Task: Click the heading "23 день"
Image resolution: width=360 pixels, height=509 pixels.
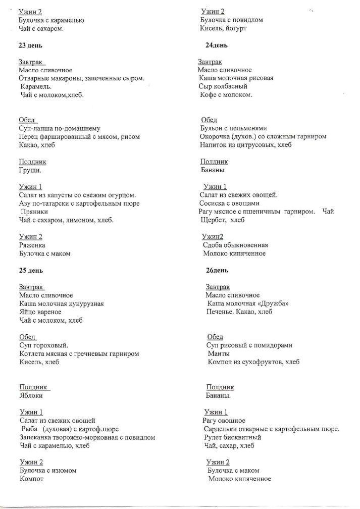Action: click(x=30, y=45)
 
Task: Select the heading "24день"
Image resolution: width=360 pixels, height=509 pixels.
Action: click(x=217, y=45)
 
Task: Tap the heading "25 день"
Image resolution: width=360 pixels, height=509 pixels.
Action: click(x=31, y=270)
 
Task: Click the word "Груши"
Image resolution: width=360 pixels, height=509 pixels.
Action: click(x=30, y=171)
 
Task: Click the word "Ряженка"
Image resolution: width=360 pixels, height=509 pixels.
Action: click(x=32, y=245)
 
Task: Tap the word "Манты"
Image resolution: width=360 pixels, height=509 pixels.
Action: click(x=219, y=353)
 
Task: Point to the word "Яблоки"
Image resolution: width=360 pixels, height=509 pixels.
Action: click(x=31, y=395)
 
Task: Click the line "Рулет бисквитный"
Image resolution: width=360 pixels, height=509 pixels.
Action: click(x=232, y=437)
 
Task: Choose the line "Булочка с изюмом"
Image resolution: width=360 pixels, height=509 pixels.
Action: click(x=48, y=470)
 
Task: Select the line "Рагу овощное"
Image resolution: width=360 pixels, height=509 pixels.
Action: click(x=224, y=420)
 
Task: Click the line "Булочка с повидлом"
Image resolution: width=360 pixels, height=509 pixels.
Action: click(x=231, y=20)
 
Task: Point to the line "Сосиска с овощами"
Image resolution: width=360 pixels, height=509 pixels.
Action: click(x=229, y=203)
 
